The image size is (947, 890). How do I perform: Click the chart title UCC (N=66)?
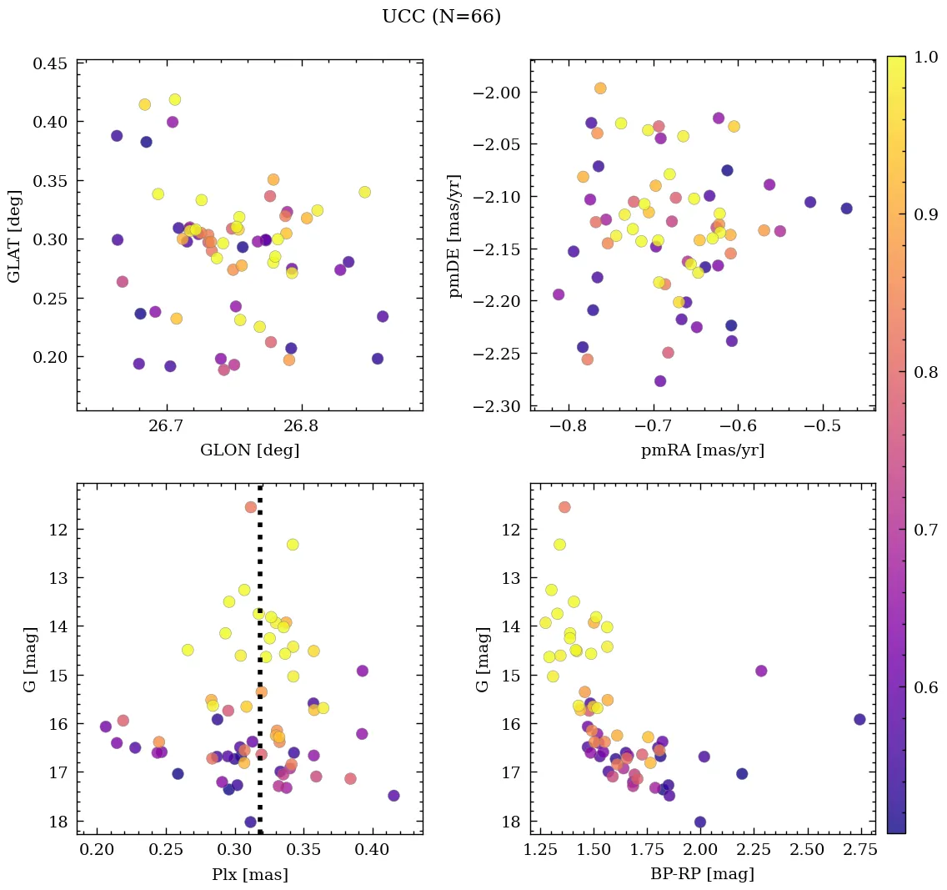[x=441, y=17]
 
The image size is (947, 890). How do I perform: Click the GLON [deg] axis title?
[x=249, y=450]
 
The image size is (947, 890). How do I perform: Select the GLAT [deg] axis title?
[x=15, y=236]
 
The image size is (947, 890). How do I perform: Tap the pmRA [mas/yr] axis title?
[x=703, y=450]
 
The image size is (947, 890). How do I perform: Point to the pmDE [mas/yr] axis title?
[x=454, y=236]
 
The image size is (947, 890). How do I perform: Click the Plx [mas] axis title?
[x=249, y=874]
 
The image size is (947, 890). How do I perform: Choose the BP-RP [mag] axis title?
[x=703, y=874]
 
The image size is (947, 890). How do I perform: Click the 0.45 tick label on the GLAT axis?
[x=51, y=63]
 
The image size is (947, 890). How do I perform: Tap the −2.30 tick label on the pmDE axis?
[x=498, y=406]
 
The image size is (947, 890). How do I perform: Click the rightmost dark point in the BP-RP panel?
[x=859, y=719]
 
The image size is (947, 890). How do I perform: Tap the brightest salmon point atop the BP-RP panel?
[x=564, y=507]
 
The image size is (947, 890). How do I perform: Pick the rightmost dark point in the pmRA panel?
[x=846, y=209]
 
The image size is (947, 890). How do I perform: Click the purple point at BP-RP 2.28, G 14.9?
[x=761, y=671]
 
